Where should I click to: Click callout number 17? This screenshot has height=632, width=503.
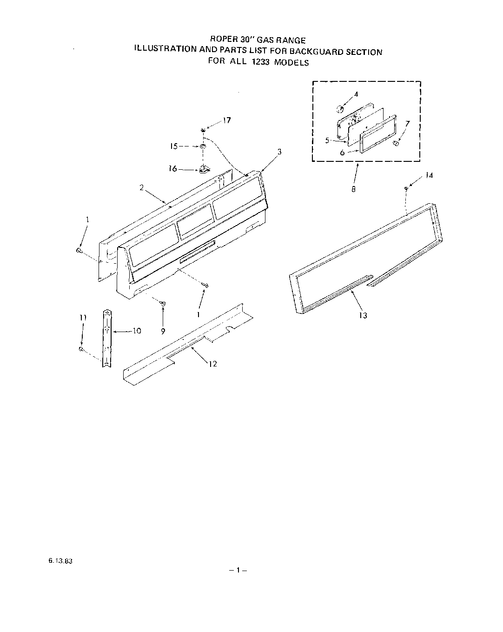(x=227, y=120)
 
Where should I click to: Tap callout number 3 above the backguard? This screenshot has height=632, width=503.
(x=279, y=152)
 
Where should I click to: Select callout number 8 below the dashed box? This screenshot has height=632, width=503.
(x=354, y=190)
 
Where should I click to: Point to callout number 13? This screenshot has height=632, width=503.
(x=363, y=315)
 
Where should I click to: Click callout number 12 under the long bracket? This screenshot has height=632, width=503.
(x=213, y=364)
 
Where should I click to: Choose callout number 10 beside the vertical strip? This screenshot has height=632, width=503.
(x=136, y=331)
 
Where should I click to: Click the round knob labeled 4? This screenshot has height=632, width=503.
(x=340, y=109)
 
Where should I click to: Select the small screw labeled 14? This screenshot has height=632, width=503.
(x=406, y=188)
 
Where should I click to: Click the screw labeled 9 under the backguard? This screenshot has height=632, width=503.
(x=163, y=303)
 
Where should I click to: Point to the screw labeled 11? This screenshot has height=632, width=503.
(x=81, y=349)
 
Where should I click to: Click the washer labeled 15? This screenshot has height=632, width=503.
(x=203, y=146)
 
